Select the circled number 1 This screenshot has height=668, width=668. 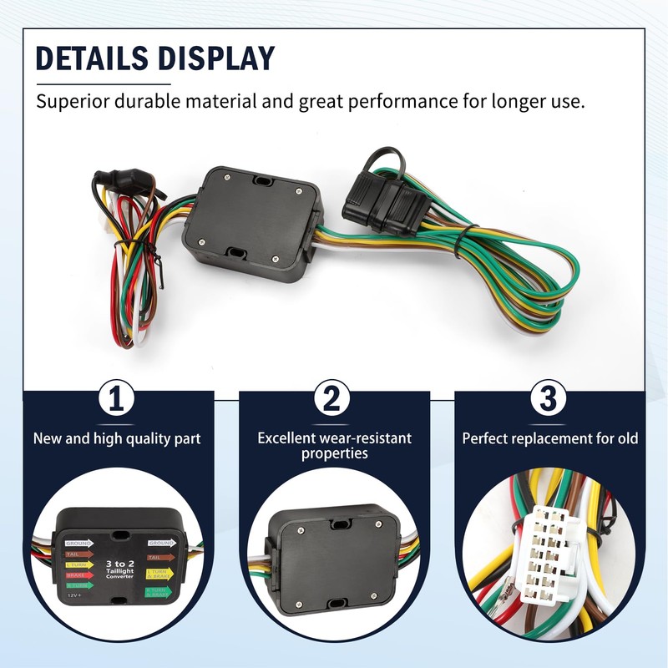pyautogui.click(x=118, y=400)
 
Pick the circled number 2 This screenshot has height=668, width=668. pyautogui.click(x=331, y=400)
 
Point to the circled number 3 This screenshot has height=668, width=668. pyautogui.click(x=548, y=400)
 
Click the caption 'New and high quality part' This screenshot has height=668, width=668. pyautogui.click(x=117, y=438)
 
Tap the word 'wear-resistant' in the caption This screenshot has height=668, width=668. pyautogui.click(x=370, y=438)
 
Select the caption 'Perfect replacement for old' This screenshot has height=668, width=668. pyautogui.click(x=550, y=438)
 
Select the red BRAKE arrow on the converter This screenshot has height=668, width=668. pyautogui.click(x=78, y=575)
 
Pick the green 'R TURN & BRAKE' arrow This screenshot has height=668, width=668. pyautogui.click(x=158, y=591)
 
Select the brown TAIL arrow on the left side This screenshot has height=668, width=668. pyautogui.click(x=78, y=552)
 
